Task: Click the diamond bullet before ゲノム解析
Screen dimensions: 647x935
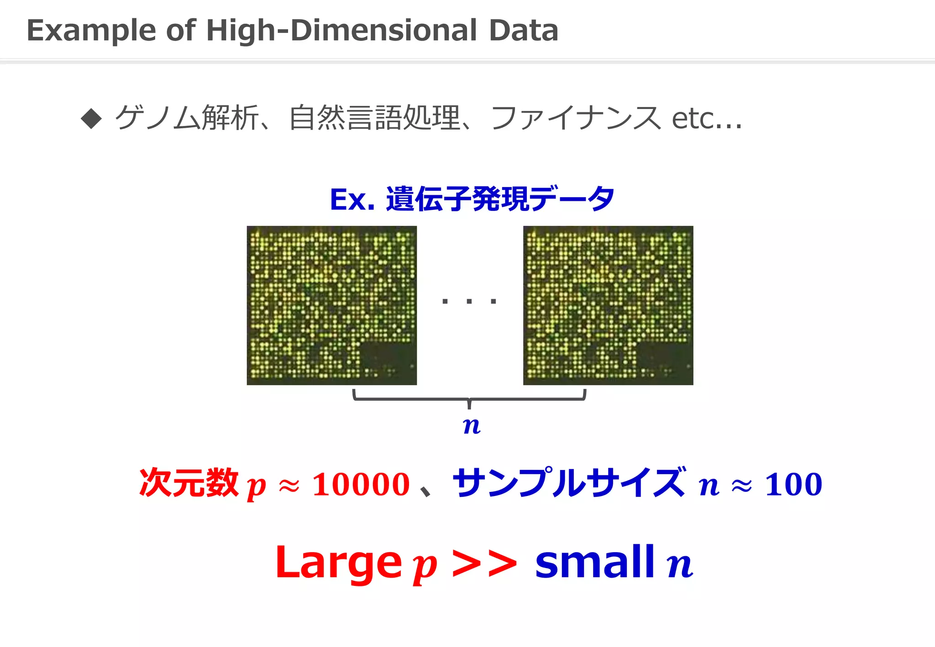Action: click(91, 119)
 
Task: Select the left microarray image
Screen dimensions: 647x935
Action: click(332, 305)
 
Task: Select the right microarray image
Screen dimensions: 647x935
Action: click(608, 305)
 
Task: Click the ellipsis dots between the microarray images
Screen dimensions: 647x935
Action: click(469, 301)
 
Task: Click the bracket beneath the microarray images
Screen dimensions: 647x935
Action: click(469, 398)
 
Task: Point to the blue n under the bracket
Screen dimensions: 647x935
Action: click(471, 426)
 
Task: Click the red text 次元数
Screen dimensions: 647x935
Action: click(189, 483)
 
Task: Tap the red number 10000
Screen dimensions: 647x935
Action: click(361, 484)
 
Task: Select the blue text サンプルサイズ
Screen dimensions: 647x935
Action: click(568, 483)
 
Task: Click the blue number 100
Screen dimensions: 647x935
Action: click(793, 484)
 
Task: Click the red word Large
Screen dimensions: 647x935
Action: click(338, 564)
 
